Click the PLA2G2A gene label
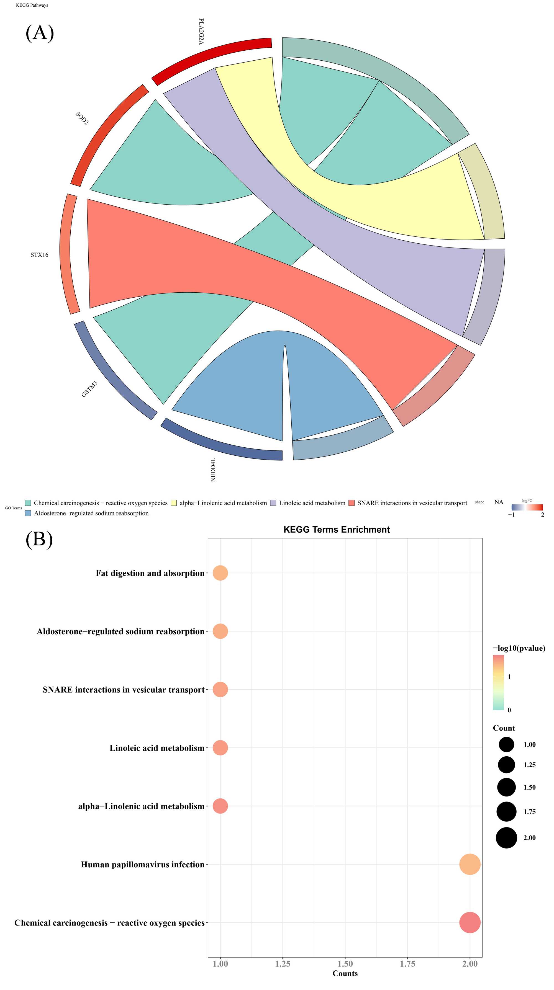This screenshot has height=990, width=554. (201, 32)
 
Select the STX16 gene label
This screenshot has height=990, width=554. (39, 255)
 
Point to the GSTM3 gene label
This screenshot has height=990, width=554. (89, 389)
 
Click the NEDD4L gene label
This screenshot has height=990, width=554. (213, 470)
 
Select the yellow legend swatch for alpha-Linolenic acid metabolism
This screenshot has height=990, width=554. (174, 503)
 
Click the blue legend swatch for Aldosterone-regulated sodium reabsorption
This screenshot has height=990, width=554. (28, 513)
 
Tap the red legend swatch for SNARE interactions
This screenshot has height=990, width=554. (352, 503)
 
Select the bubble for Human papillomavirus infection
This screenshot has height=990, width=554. (470, 864)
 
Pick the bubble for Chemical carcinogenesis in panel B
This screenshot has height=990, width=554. (470, 922)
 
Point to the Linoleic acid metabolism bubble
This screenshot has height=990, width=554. (220, 748)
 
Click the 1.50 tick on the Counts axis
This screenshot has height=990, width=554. (345, 963)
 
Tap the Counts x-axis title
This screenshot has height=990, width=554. (345, 973)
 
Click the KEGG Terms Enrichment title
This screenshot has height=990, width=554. (336, 530)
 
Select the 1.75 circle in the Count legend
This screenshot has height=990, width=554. (506, 812)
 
